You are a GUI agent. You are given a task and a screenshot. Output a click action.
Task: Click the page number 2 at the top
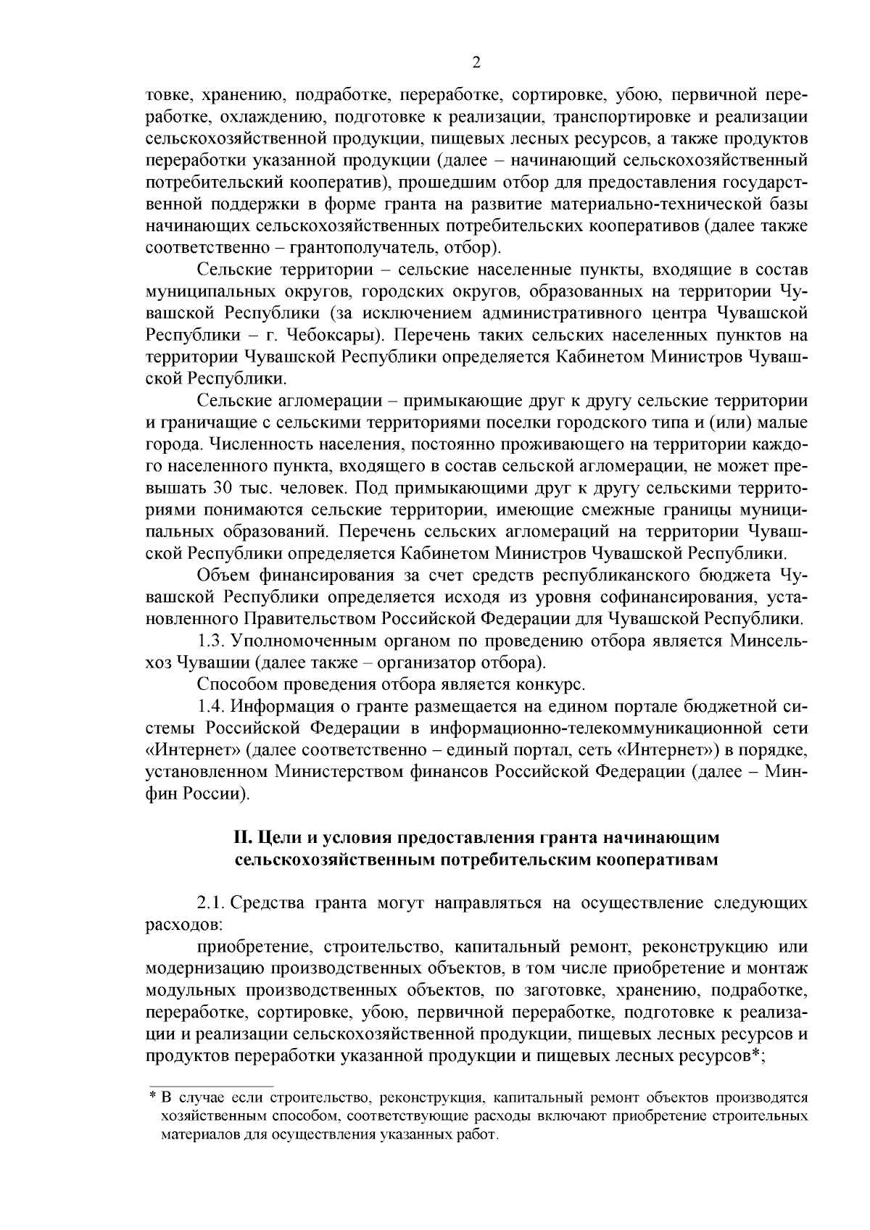click(x=476, y=62)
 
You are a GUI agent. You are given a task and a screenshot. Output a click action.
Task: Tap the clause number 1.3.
click(x=214, y=641)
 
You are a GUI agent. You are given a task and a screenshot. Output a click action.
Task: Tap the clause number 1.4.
click(x=214, y=706)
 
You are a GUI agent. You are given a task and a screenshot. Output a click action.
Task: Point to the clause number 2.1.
click(x=214, y=903)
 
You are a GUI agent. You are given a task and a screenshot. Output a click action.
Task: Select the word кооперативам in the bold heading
click(x=658, y=860)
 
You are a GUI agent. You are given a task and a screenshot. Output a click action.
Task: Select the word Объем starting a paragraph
click(x=223, y=575)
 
